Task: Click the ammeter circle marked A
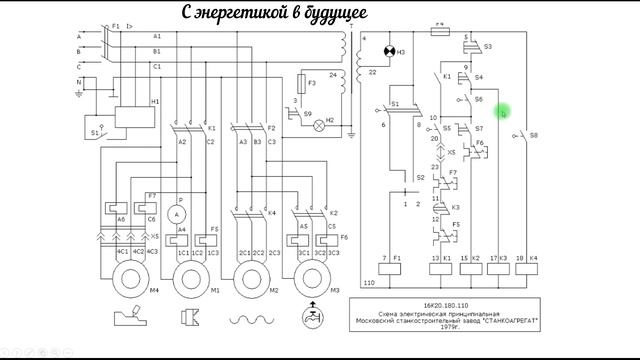tap(177, 214)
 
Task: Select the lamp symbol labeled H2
tap(320, 126)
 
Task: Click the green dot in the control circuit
tap(503, 112)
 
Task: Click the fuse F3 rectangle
tap(305, 83)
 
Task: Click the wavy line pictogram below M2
tap(254, 320)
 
